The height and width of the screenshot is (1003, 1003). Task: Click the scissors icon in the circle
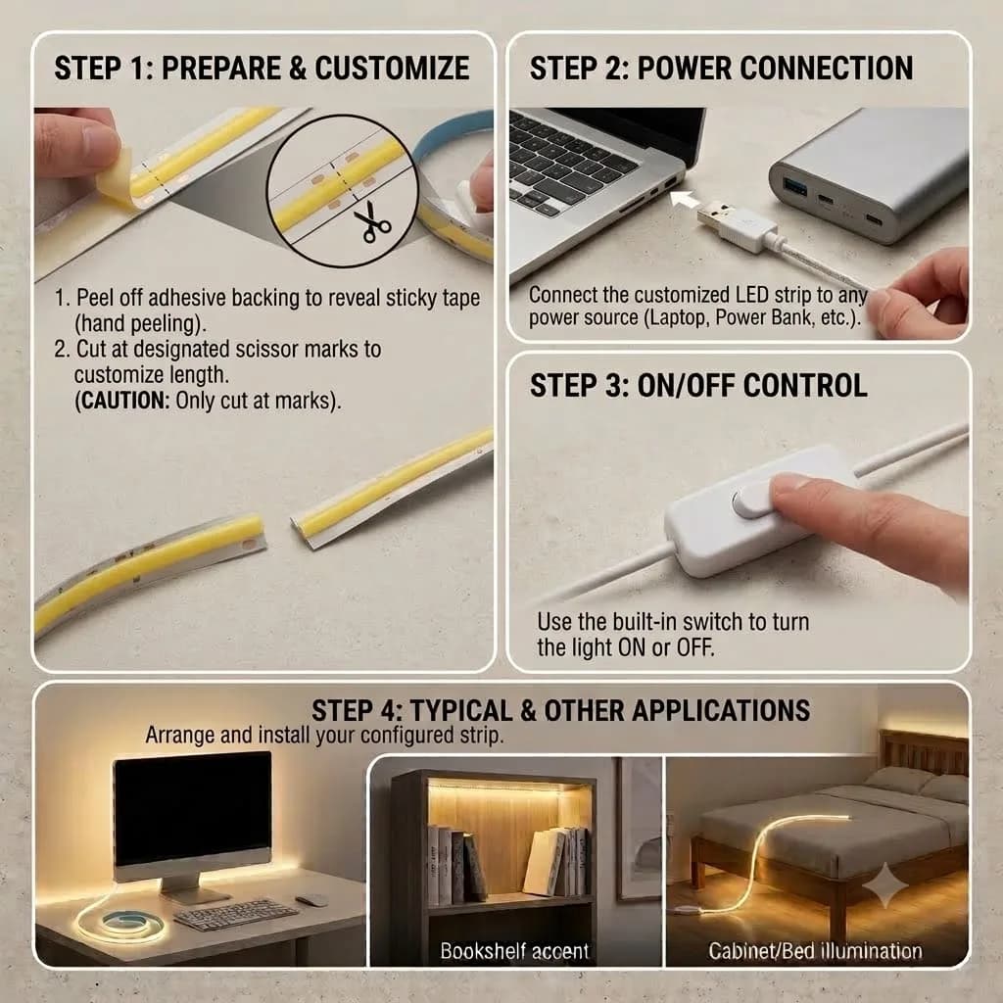[371, 222]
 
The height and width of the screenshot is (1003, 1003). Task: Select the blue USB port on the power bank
[795, 187]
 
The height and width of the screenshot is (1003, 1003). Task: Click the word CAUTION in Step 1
[125, 401]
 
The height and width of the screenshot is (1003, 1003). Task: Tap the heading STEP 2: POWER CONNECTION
[721, 69]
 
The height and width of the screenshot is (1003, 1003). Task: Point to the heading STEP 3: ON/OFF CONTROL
[698, 386]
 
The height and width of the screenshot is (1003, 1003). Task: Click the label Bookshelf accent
[514, 951]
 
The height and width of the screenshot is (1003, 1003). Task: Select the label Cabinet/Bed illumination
[815, 951]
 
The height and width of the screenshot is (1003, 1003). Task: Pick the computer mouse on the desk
[311, 900]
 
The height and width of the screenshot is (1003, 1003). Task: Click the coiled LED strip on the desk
[121, 923]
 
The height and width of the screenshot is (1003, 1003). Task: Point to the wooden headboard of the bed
[923, 752]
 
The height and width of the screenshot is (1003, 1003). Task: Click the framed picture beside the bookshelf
[639, 828]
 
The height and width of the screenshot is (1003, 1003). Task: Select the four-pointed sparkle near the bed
[885, 885]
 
